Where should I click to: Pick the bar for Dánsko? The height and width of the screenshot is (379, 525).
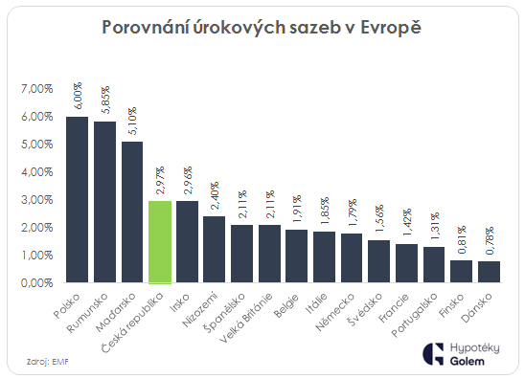pyautogui.click(x=490, y=272)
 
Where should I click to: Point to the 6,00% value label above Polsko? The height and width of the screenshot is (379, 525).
pyautogui.click(x=78, y=96)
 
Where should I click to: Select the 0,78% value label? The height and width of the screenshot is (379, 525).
pyautogui.click(x=491, y=240)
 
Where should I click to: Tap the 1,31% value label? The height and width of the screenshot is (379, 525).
pyautogui.click(x=435, y=225)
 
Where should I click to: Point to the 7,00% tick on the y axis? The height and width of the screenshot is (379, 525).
pyautogui.click(x=35, y=88)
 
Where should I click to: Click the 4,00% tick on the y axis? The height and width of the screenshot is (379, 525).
pyautogui.click(x=35, y=171)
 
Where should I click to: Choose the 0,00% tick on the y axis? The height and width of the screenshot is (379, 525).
pyautogui.click(x=35, y=283)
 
